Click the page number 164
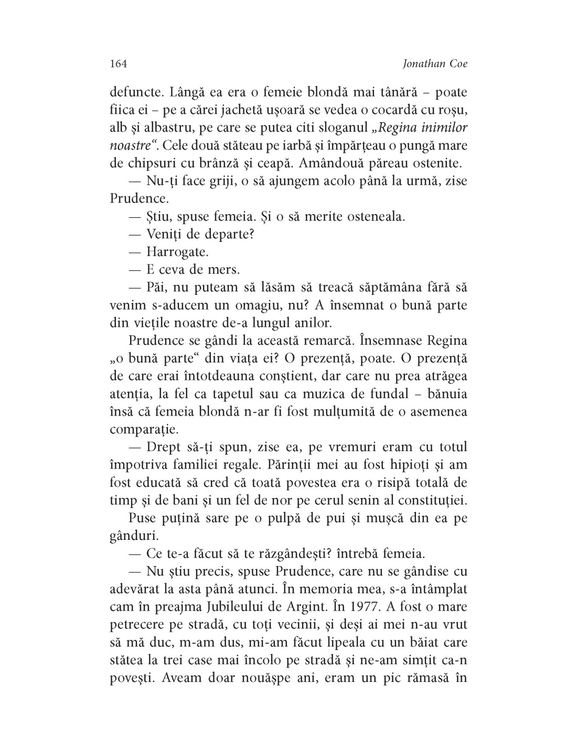(119, 63)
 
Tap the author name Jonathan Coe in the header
(434, 63)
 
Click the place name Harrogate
(177, 251)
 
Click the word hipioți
(410, 465)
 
